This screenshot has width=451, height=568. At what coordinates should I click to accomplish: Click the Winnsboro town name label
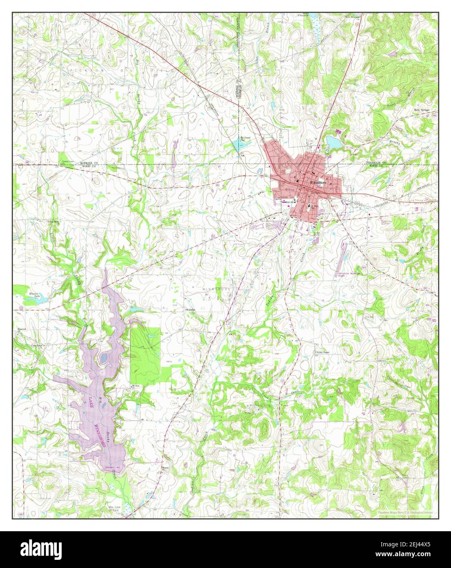click(x=318, y=182)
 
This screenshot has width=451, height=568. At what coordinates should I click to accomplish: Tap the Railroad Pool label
click(x=245, y=139)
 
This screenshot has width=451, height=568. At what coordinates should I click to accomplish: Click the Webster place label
click(x=191, y=310)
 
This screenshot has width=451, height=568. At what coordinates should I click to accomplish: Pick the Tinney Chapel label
click(x=322, y=352)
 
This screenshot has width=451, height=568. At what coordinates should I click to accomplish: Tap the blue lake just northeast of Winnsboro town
click(x=333, y=143)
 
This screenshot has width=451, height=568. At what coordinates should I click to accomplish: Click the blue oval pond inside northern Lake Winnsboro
click(x=104, y=358)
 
